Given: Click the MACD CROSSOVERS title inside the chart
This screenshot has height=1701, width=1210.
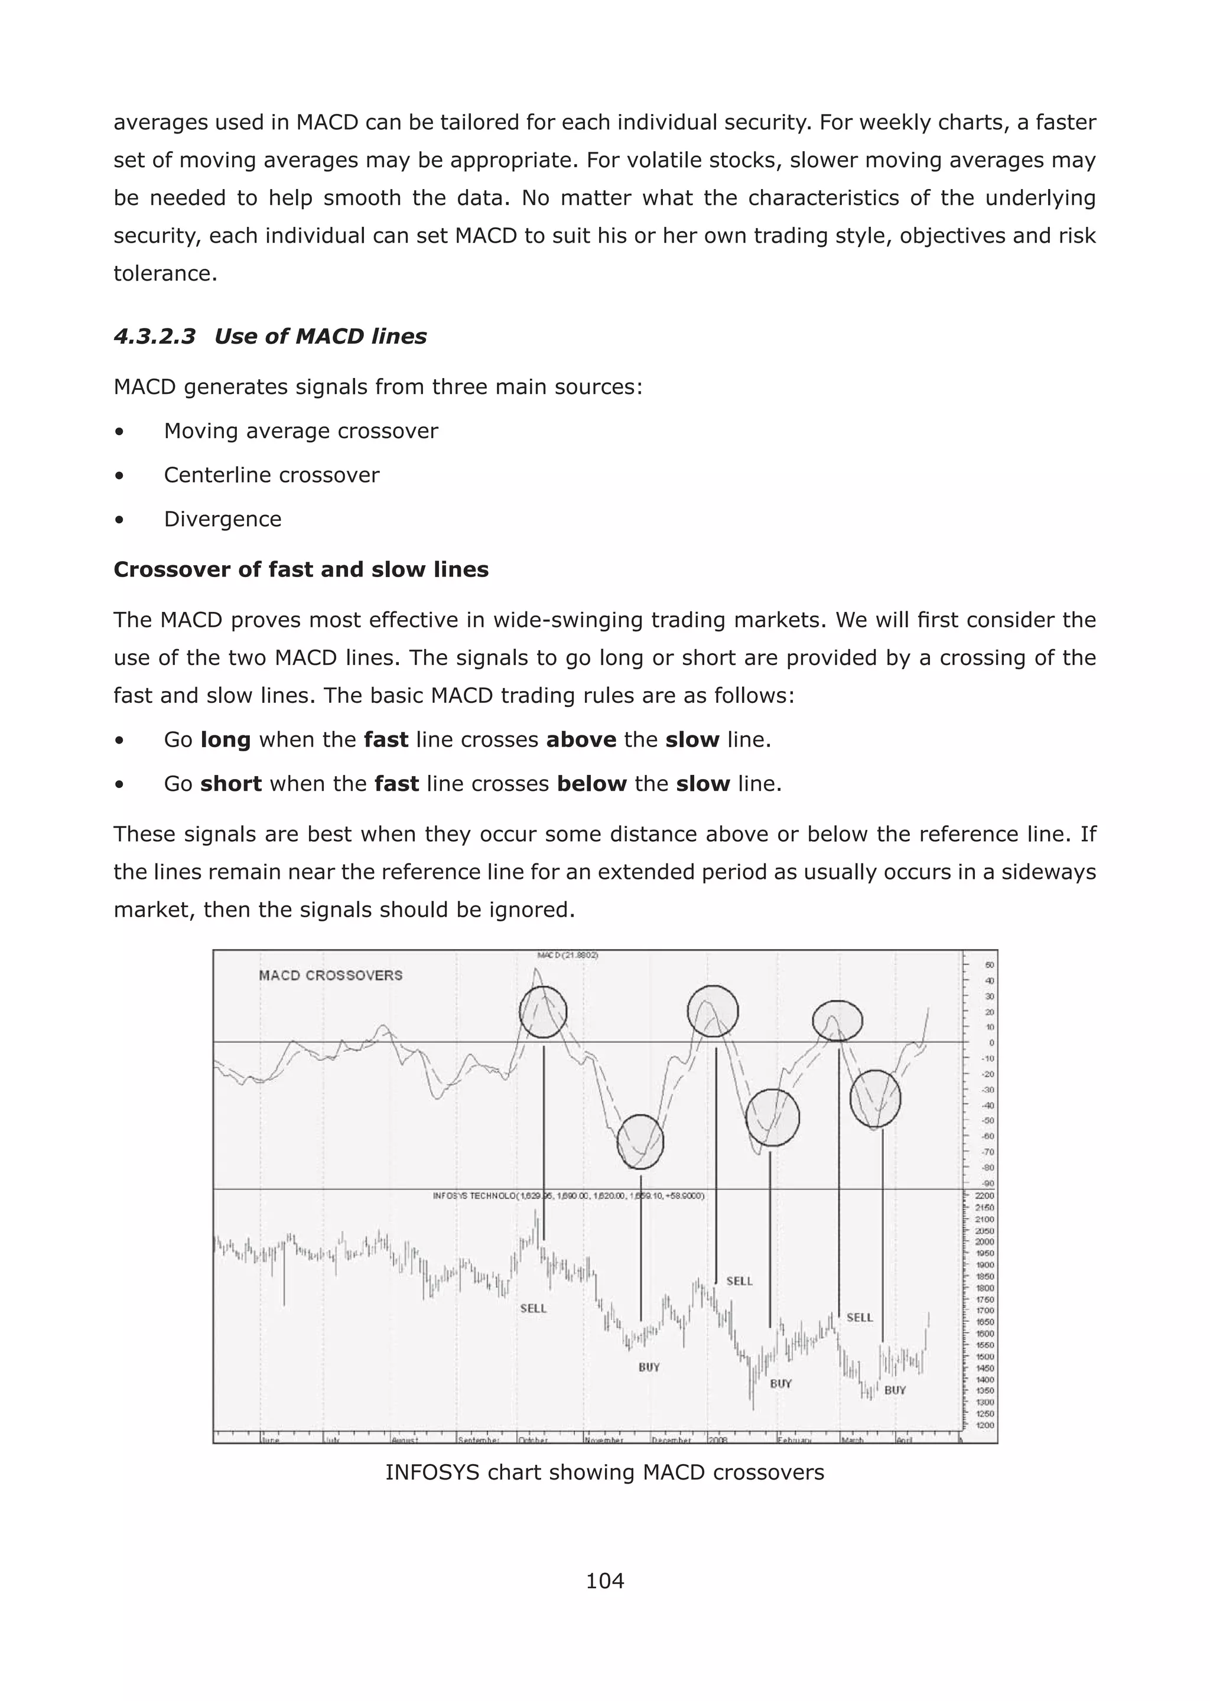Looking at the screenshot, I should coord(330,975).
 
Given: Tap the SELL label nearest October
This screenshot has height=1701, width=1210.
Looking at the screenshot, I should coord(534,1308).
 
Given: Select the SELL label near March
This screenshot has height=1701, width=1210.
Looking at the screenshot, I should coord(859,1318).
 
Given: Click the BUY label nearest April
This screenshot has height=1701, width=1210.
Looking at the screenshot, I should coord(895,1390).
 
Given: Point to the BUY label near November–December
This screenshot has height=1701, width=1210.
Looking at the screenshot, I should coord(649,1367).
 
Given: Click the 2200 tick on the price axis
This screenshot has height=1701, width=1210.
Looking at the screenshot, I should coord(984,1195).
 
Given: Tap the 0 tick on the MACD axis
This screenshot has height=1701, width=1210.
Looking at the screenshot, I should coord(991,1042).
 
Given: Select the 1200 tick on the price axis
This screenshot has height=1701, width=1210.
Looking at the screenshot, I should coord(984,1425).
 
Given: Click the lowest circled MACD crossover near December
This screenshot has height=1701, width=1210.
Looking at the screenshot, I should coord(640,1142).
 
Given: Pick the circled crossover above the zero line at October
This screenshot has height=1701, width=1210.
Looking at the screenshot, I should coord(543,1011).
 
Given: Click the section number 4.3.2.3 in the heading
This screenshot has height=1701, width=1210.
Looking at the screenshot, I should coord(154,337).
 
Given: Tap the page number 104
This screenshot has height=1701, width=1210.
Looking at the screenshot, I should coord(604,1581).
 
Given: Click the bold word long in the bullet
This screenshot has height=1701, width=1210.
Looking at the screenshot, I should coord(225,739).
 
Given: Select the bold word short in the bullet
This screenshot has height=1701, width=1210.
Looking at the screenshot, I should coord(231,784).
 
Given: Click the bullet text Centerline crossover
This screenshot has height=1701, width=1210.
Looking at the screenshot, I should coord(271,475).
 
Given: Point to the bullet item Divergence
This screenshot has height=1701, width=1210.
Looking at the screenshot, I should coord(222,519).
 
